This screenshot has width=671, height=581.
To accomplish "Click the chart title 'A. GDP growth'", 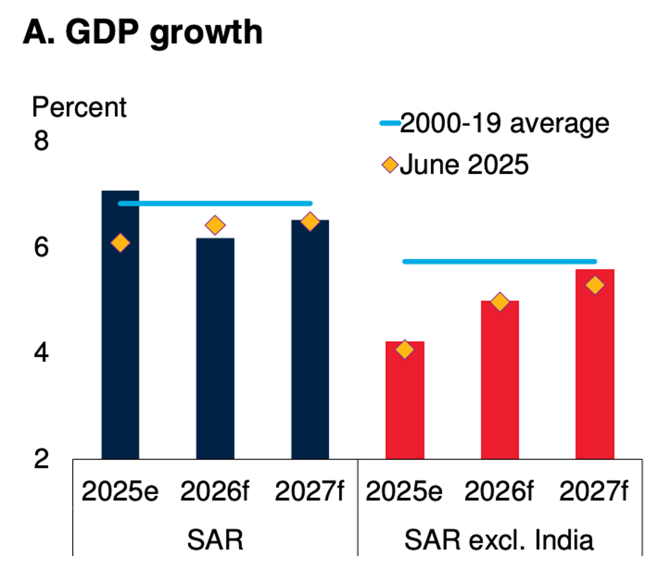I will pos(143,32).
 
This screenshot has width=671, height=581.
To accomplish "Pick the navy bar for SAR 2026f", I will pos(215,358).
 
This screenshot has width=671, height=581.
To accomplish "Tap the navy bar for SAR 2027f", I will pos(310,346).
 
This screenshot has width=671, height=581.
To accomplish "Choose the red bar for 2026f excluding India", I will pos(500,385).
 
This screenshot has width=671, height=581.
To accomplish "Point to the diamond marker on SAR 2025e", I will pos(120,243).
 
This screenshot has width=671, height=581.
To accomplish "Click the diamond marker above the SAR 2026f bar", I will pos(215,226).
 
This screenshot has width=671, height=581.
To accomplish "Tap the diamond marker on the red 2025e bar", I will pos(405,350).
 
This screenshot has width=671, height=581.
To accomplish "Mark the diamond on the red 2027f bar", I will pos(595,285).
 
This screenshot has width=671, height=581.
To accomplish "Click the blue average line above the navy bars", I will pos(215,203).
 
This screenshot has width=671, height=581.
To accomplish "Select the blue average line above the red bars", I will pos(500,261).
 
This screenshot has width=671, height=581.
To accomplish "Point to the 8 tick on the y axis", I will pos(41,141).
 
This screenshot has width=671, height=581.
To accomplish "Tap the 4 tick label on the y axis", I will pos(41,353).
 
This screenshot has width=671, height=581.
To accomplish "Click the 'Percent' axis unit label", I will pos(79,107).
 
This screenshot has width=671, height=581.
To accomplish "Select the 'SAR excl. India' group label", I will pos(499,540).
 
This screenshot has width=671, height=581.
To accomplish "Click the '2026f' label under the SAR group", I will pos(215,492).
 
